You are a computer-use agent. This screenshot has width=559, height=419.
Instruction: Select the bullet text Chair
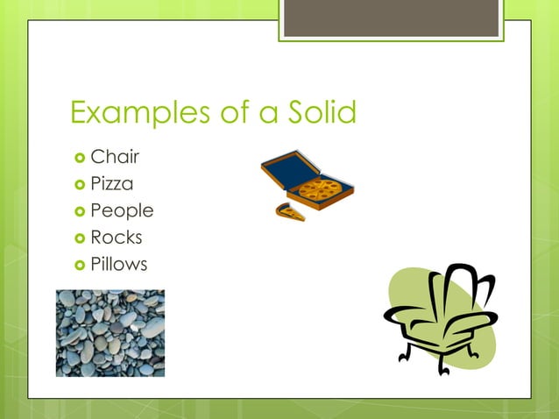point(115,158)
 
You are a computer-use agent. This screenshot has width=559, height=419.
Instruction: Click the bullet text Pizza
point(112,184)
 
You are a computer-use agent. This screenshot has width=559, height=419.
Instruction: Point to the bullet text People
point(122,210)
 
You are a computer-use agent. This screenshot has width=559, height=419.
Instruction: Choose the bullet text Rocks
point(116,237)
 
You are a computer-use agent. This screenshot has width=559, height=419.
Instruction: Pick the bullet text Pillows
point(119,263)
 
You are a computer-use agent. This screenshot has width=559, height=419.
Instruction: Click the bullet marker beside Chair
point(79,159)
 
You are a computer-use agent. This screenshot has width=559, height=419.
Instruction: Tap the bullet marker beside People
point(79,211)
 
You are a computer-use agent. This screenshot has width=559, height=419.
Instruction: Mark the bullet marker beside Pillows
point(79,264)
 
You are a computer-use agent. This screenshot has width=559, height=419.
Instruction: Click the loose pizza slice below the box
point(290,211)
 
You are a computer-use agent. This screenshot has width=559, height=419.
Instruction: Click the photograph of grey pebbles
point(110,333)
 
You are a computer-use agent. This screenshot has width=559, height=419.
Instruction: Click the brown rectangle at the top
point(391,18)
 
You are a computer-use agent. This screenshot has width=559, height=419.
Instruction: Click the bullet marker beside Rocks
point(79,238)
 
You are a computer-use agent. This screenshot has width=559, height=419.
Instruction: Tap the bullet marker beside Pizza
point(79,185)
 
